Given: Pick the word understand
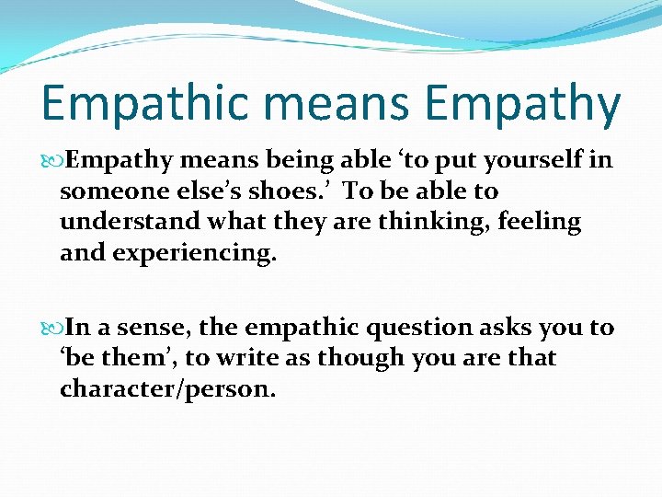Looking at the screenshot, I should click(x=132, y=223).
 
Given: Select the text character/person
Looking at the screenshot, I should click(x=167, y=389).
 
